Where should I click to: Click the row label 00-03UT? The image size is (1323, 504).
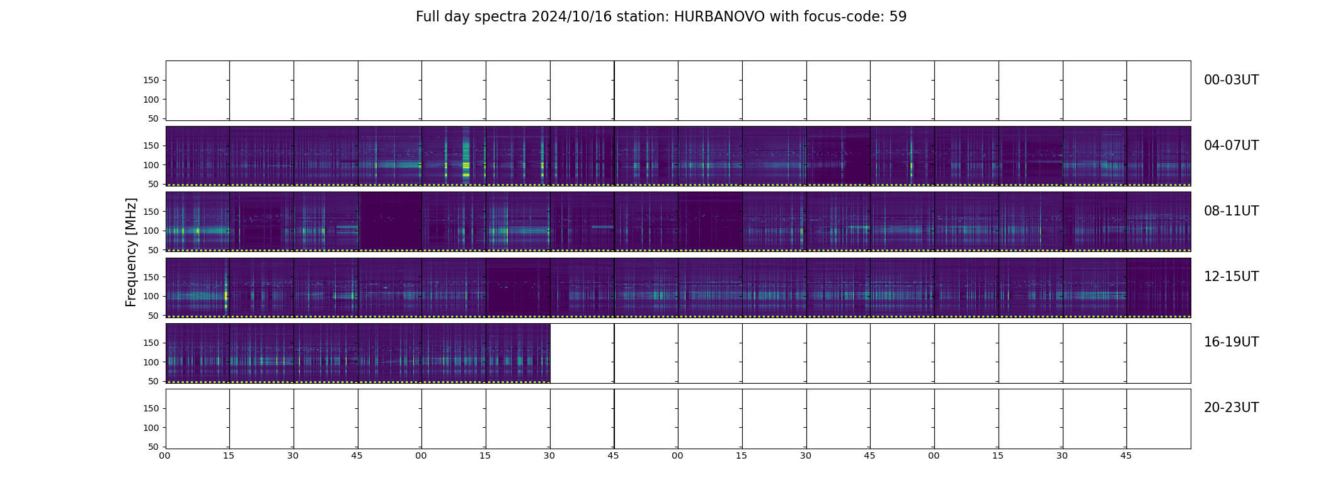click(1231, 80)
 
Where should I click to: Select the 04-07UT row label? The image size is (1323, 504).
click(1231, 146)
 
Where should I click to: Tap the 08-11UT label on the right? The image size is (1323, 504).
click(1231, 211)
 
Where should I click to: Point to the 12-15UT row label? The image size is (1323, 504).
click(1231, 277)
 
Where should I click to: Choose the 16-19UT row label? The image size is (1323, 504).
click(1231, 342)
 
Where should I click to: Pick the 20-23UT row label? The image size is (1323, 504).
click(1231, 408)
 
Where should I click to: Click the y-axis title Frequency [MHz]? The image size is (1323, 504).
click(131, 252)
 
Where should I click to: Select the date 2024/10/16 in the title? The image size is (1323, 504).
click(571, 17)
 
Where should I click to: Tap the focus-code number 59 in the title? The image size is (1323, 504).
click(898, 17)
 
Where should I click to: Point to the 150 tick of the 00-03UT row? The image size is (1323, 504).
click(151, 81)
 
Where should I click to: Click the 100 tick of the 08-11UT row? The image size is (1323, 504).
click(151, 231)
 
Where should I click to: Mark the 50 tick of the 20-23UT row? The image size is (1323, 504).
click(154, 447)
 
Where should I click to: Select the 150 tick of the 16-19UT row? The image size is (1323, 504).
click(151, 343)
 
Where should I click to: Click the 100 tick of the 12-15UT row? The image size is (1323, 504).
click(151, 296)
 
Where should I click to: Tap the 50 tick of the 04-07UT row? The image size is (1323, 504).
click(154, 184)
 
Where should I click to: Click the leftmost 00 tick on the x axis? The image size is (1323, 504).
click(165, 455)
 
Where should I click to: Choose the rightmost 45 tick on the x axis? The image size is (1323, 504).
click(1126, 455)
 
